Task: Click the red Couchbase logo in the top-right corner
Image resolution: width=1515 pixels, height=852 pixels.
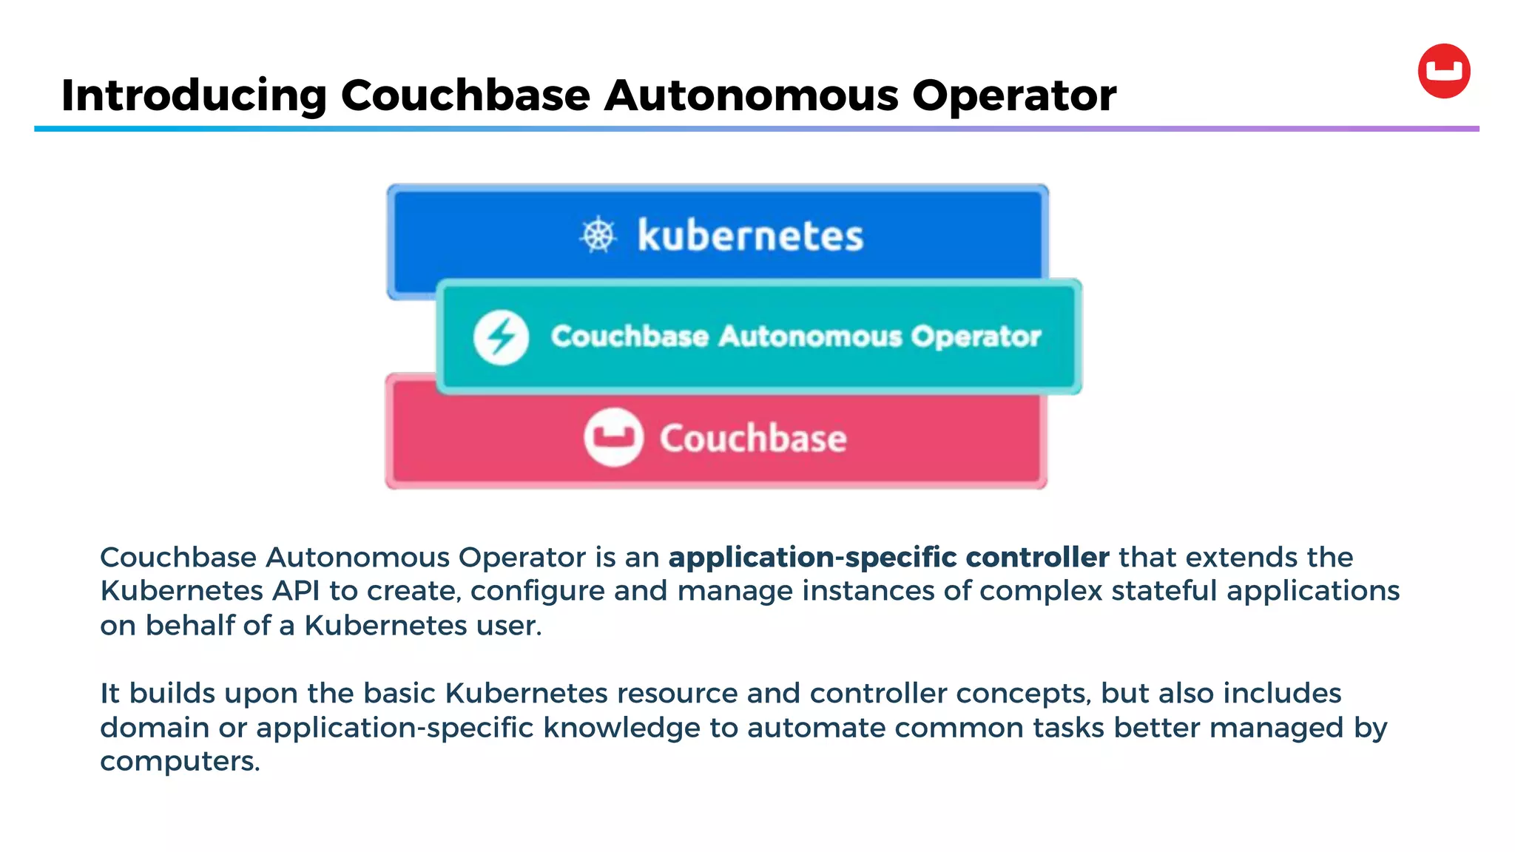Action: click(1444, 71)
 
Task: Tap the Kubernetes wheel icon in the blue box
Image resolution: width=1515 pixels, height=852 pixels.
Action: click(598, 236)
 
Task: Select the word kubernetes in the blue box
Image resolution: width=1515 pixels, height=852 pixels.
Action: click(750, 236)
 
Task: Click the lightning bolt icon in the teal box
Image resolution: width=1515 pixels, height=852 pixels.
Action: click(501, 337)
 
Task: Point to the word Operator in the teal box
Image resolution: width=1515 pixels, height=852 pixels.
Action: click(975, 337)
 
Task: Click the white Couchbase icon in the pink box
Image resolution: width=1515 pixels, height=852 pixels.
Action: click(613, 437)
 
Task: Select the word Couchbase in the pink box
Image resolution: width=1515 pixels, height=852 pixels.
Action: click(753, 438)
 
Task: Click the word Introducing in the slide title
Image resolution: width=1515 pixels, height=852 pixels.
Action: click(194, 96)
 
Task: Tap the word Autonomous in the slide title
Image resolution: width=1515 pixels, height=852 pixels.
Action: click(752, 96)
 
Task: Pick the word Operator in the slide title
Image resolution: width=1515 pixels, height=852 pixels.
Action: click(1014, 96)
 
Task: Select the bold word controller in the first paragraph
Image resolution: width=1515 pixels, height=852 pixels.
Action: click(1037, 557)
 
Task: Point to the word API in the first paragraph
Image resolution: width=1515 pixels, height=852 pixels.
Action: click(296, 591)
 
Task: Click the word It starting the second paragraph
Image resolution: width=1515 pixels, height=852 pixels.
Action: click(109, 694)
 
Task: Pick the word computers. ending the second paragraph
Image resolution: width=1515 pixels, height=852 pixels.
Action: click(180, 762)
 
